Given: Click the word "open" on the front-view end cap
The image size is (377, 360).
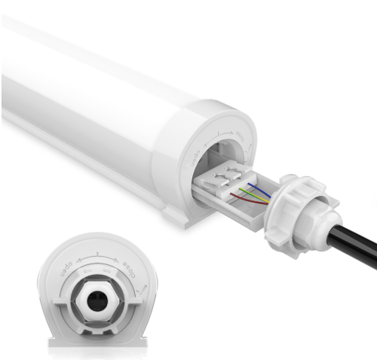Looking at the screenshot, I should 66,267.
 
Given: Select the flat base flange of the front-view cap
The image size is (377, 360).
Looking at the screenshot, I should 97,343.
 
